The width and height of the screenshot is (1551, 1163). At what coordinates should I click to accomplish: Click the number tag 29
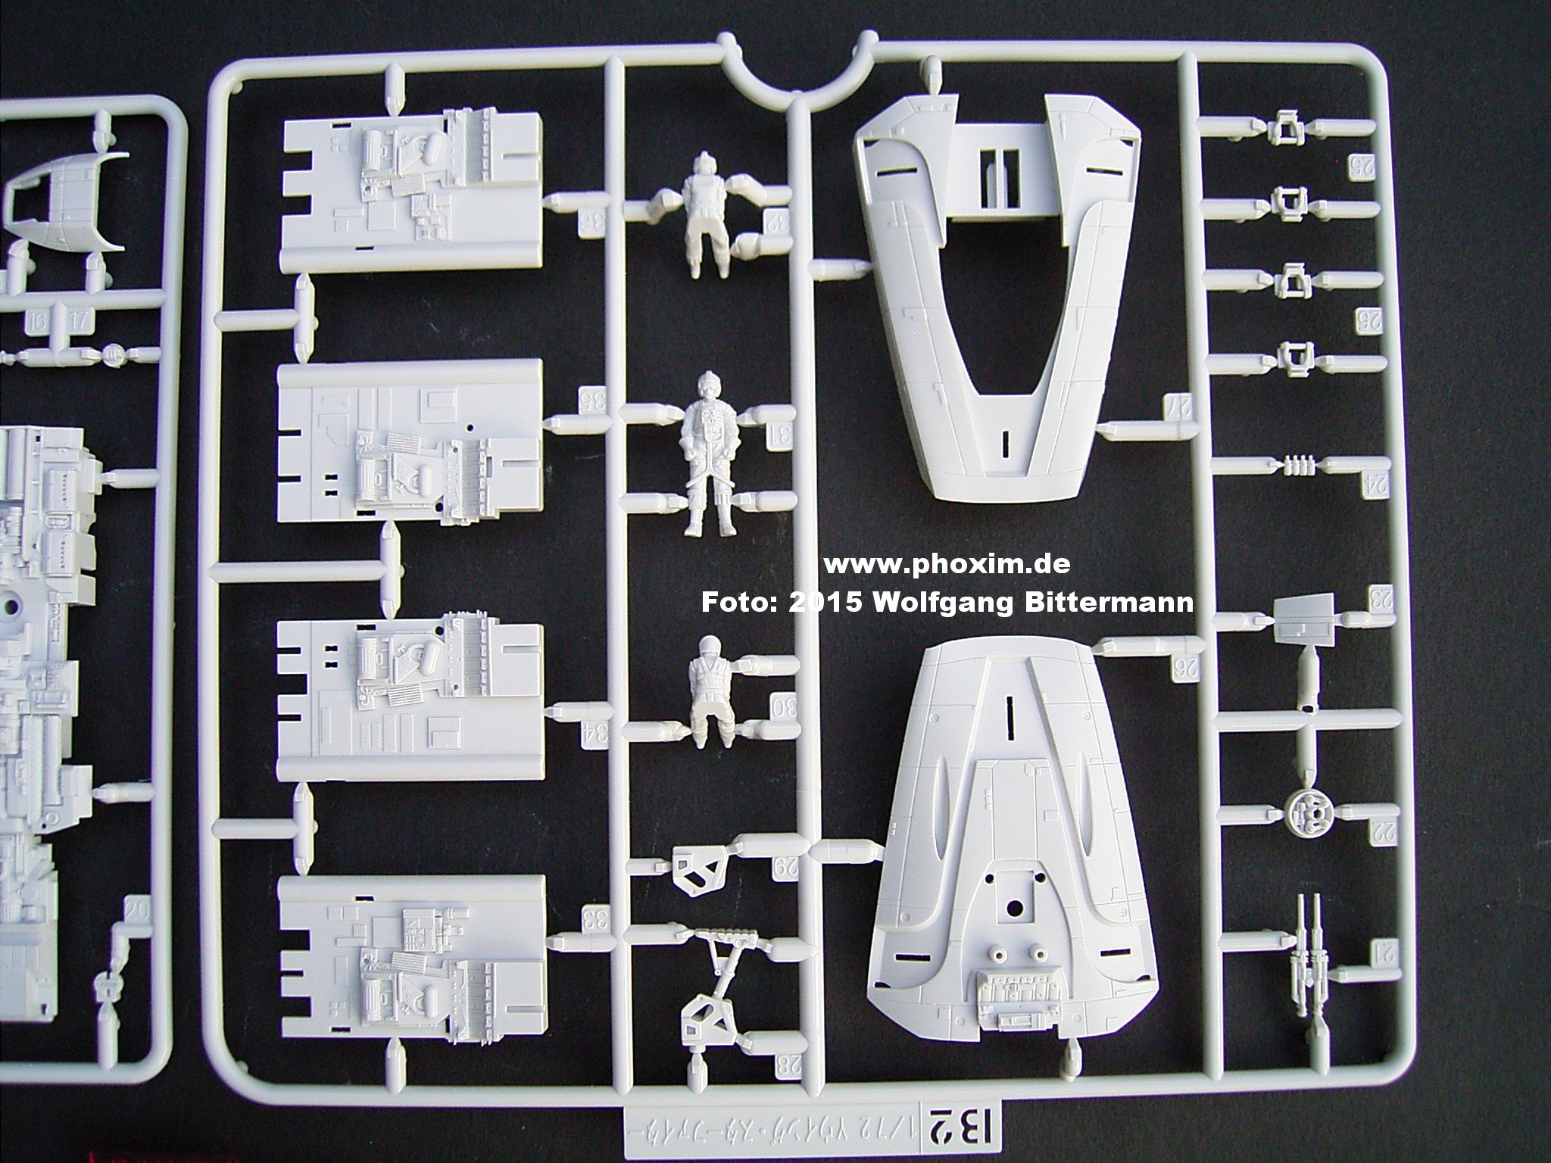point(780,867)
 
